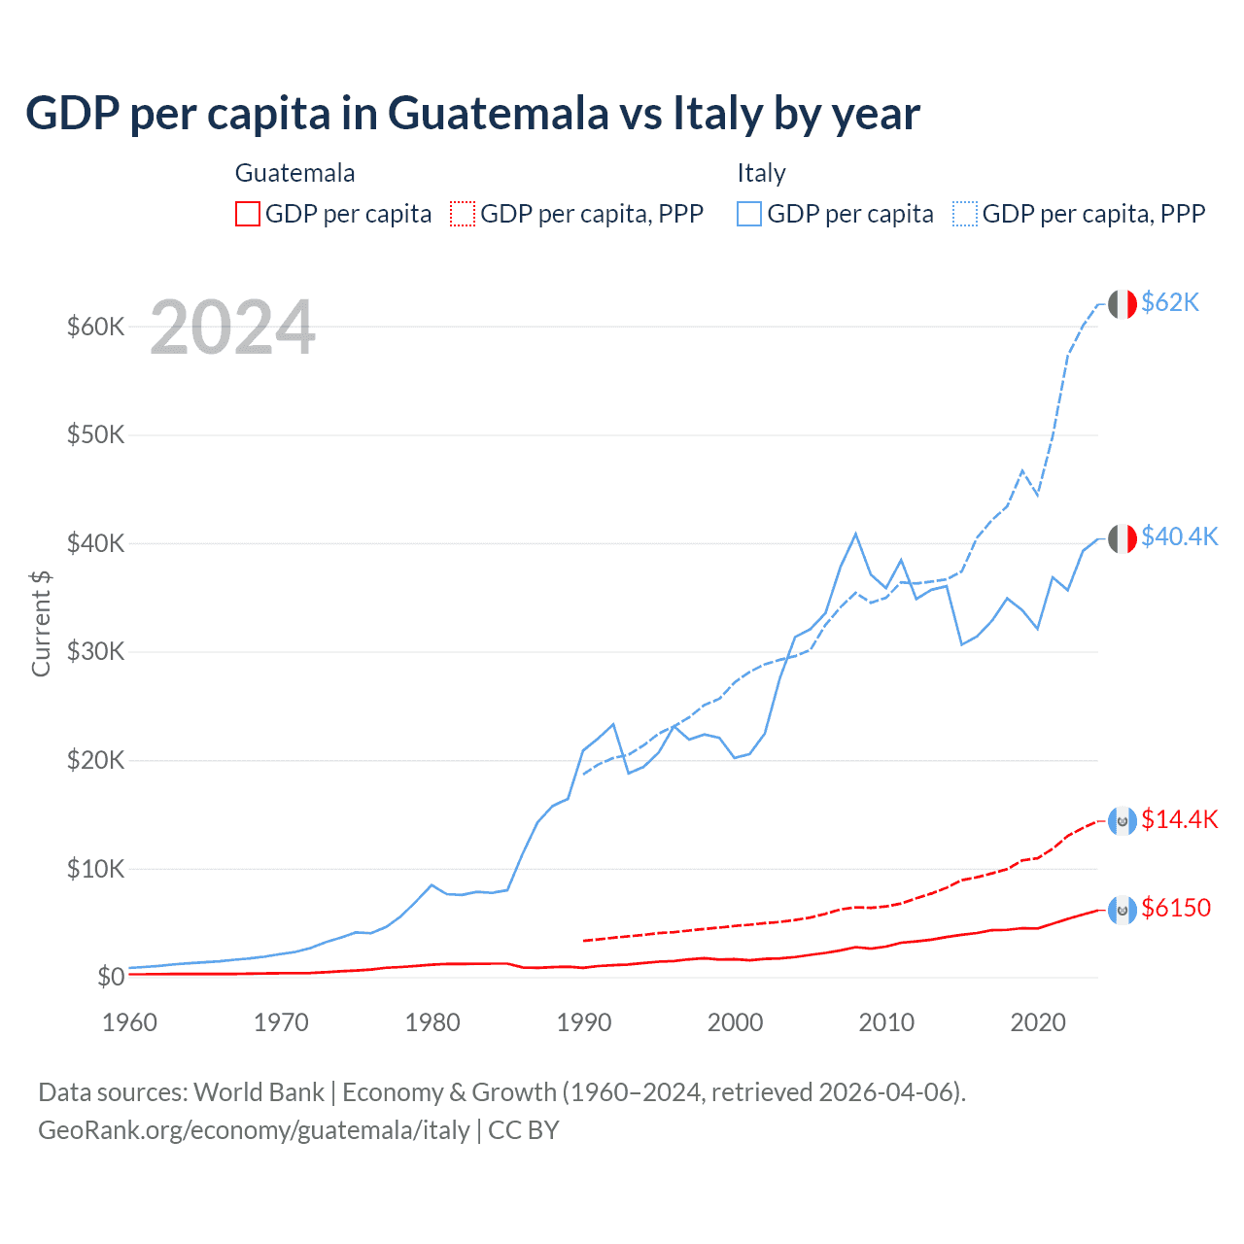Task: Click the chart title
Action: (472, 114)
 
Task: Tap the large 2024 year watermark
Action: (232, 328)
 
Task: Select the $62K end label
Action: (1170, 302)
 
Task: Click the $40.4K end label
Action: (1179, 536)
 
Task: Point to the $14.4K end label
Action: (1179, 819)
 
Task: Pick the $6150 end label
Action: (1176, 908)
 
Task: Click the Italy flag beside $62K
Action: (1123, 304)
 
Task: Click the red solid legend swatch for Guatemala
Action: (248, 214)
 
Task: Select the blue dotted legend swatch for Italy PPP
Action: (965, 214)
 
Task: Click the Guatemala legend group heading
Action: (294, 173)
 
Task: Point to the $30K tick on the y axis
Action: (95, 651)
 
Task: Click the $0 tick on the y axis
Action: (111, 977)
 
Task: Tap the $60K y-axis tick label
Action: (95, 327)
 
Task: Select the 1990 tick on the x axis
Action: (584, 1022)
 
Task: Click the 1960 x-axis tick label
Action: (130, 1022)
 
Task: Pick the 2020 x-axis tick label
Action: (1038, 1022)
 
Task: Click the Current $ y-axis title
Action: (41, 623)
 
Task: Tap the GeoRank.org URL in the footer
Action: (254, 1130)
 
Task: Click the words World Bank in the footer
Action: (259, 1092)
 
